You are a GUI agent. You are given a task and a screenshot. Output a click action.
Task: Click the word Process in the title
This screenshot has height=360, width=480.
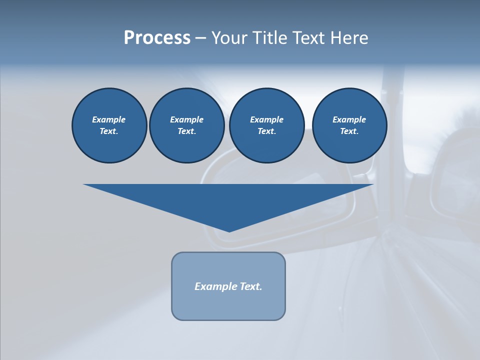(157, 38)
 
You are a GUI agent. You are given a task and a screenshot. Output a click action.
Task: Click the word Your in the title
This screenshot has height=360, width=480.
(229, 38)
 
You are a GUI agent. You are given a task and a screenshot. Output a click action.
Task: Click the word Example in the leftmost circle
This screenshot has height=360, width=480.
(108, 119)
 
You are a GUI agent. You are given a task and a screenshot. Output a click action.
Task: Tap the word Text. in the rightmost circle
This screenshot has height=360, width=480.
(349, 131)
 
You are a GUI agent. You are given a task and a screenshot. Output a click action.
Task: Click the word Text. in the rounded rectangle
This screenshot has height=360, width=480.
(251, 286)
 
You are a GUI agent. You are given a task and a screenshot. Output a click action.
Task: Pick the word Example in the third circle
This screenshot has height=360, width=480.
(266, 119)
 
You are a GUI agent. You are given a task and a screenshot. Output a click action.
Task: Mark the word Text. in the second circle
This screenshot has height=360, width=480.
(186, 131)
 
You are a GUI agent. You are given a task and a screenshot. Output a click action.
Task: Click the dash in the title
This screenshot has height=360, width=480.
(200, 38)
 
